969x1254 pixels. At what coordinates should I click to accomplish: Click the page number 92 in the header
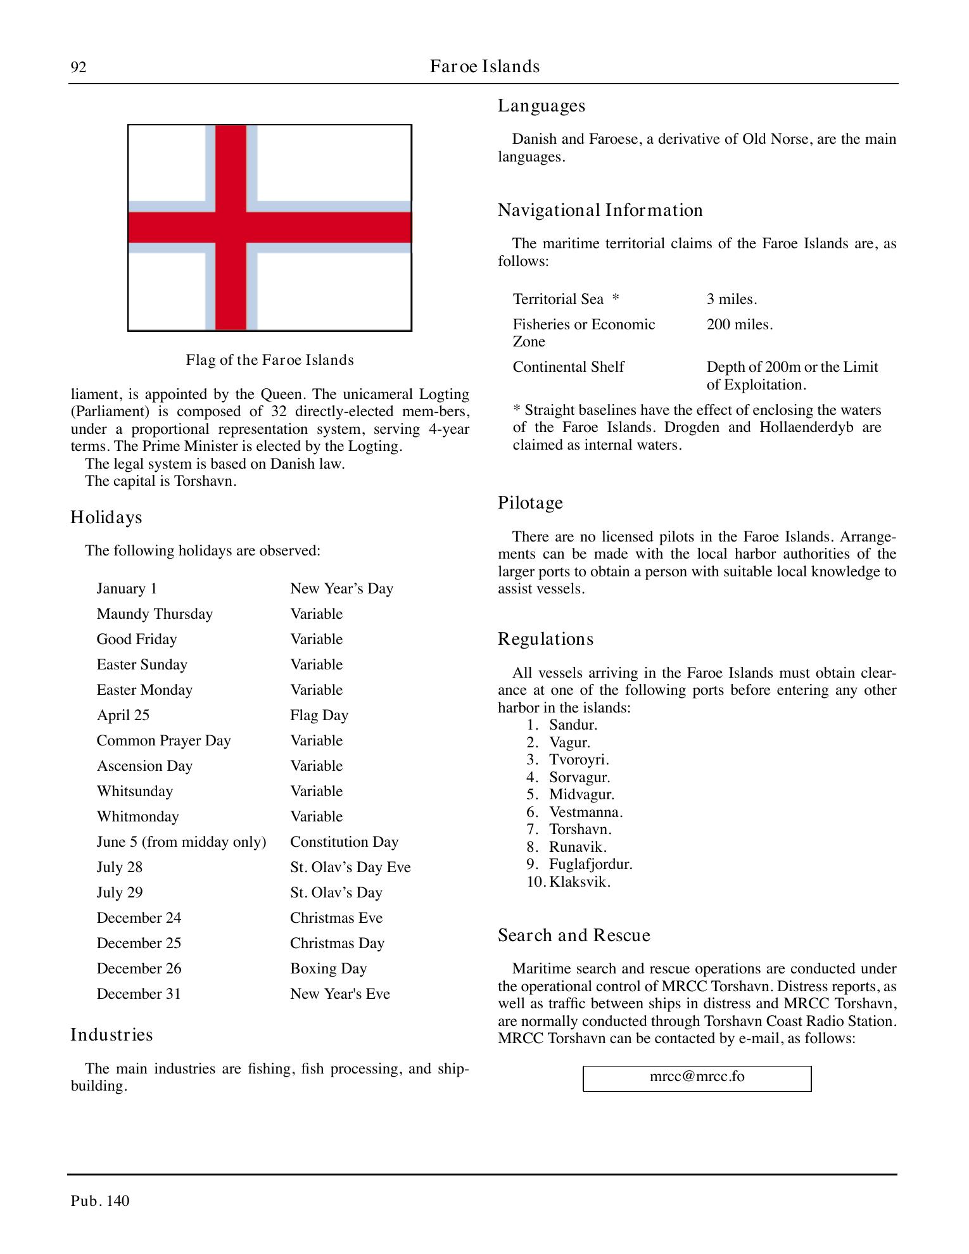coord(79,67)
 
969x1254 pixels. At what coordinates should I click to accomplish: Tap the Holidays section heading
coord(106,517)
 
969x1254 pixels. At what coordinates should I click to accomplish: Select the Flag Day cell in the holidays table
coord(319,715)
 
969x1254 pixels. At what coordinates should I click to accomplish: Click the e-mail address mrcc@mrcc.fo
coord(697,1076)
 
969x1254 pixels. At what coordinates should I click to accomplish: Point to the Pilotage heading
coord(530,503)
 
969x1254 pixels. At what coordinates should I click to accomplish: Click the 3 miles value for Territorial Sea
coord(731,299)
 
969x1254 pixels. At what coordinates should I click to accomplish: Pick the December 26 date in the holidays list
coord(139,968)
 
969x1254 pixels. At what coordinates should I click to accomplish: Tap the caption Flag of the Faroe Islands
coord(270,360)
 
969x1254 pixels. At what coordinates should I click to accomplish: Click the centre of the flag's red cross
coord(231,227)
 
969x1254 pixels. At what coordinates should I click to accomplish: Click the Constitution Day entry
coord(344,842)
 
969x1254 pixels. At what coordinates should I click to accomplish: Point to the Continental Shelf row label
coord(568,367)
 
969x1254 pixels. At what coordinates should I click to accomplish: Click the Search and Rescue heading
coord(574,935)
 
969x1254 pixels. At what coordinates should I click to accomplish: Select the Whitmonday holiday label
coord(137,816)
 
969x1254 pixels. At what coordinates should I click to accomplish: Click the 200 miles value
coord(739,324)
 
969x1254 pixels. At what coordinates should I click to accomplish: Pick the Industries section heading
coord(111,1035)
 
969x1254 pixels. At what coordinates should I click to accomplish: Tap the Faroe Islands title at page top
coord(484,66)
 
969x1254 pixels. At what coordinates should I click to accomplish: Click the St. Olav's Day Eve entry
coord(350,867)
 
